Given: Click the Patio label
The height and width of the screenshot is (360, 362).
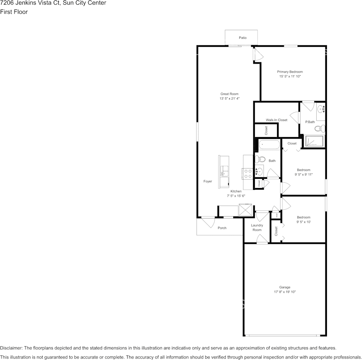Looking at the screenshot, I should pyautogui.click(x=242, y=38).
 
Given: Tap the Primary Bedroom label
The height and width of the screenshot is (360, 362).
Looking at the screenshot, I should pyautogui.click(x=290, y=72).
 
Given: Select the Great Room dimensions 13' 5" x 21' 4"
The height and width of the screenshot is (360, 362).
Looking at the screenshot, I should pyautogui.click(x=229, y=99).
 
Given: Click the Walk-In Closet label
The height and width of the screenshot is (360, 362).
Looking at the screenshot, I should pyautogui.click(x=276, y=120).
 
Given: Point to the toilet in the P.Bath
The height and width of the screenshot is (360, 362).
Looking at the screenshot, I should pyautogui.click(x=322, y=128).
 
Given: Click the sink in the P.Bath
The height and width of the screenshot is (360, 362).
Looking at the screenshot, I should pyautogui.click(x=321, y=109).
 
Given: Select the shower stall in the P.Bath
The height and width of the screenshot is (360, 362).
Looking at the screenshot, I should pyautogui.click(x=315, y=141).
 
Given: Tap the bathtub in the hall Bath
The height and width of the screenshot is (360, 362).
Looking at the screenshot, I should pyautogui.click(x=269, y=145).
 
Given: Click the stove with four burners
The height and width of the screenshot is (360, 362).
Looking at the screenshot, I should pyautogui.click(x=248, y=174).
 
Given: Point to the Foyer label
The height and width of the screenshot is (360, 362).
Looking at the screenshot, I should pyautogui.click(x=207, y=182).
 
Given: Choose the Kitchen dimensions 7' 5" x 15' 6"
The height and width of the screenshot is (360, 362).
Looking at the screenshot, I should pyautogui.click(x=236, y=196).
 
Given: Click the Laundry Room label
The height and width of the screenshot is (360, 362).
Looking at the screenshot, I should pyautogui.click(x=257, y=228).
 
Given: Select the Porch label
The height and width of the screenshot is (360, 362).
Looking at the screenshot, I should pyautogui.click(x=222, y=228).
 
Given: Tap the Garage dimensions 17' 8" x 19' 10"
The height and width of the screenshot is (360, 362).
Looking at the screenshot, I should pyautogui.click(x=285, y=292).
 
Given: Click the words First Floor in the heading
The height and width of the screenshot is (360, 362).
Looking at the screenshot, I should pyautogui.click(x=14, y=12).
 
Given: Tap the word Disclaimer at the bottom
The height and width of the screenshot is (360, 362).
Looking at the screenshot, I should pyautogui.click(x=11, y=348).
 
